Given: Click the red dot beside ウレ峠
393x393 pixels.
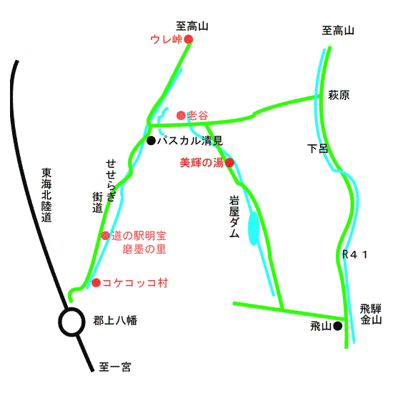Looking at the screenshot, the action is pos(188,39).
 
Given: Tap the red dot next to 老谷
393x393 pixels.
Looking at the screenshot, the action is pos(181,116).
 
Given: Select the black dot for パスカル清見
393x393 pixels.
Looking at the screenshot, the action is pos(151,140).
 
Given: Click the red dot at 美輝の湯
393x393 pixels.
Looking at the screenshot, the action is pos(229,163).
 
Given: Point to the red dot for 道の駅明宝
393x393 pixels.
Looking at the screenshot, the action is pos(106,236).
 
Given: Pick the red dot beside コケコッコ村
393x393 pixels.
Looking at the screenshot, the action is pos(96,283).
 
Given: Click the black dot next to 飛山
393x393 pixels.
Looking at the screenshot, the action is pos(337,326).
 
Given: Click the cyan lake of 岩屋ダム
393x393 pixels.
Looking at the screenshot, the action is pos(253,229).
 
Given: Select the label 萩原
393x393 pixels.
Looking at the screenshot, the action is pos(339,95).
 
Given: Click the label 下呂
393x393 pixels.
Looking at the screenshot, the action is pos(317,149).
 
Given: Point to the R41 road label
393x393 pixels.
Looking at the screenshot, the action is pos(355,254).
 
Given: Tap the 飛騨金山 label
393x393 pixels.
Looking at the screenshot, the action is pos(371,314).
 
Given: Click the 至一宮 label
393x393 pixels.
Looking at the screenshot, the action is pos(115,367).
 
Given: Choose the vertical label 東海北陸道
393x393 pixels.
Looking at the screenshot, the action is pos(46,195).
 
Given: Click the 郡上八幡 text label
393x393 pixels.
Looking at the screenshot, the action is pos(115,321).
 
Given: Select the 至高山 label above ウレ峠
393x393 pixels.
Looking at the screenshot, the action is pos(192,26).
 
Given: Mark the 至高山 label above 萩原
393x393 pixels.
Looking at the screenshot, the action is pos(338,31).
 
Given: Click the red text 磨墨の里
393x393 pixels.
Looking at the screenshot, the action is pos(144,249).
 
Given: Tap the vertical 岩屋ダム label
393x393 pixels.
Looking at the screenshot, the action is pos(234,217).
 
